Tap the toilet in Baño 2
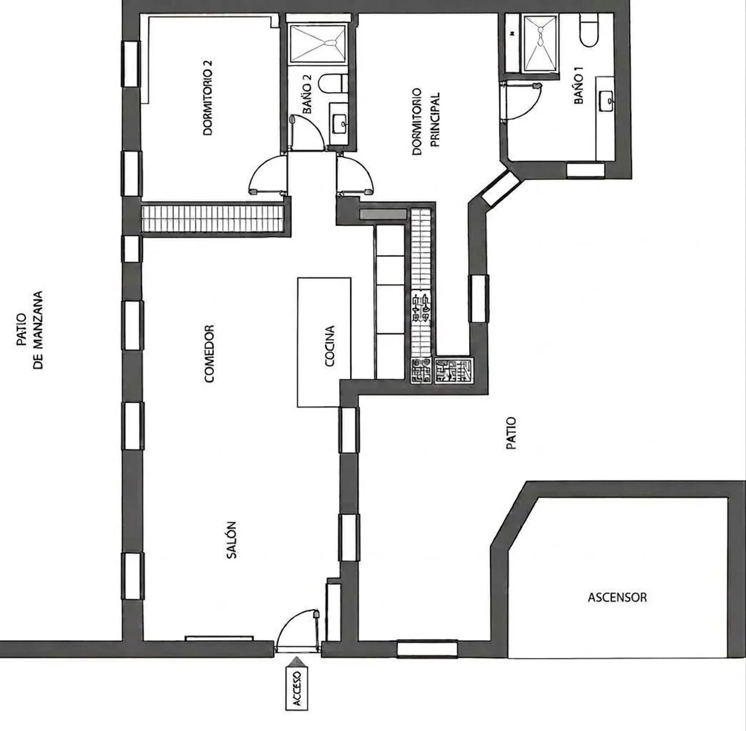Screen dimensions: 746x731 [x=333, y=84]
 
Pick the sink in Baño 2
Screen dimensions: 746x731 [x=340, y=124]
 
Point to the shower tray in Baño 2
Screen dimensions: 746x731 [x=317, y=44]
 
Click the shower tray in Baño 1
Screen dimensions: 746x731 [x=540, y=43]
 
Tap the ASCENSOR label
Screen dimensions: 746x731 [x=617, y=598]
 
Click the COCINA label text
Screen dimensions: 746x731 [x=330, y=346]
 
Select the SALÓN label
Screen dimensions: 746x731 [x=232, y=540]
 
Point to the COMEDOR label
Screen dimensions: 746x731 [x=209, y=353]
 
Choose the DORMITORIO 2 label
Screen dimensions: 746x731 [x=208, y=98]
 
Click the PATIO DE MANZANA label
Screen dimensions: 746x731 [x=30, y=330]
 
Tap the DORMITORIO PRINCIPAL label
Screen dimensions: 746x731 [x=425, y=120]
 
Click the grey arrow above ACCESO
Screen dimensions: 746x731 [x=297, y=661]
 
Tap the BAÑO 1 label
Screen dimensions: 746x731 [x=579, y=86]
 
